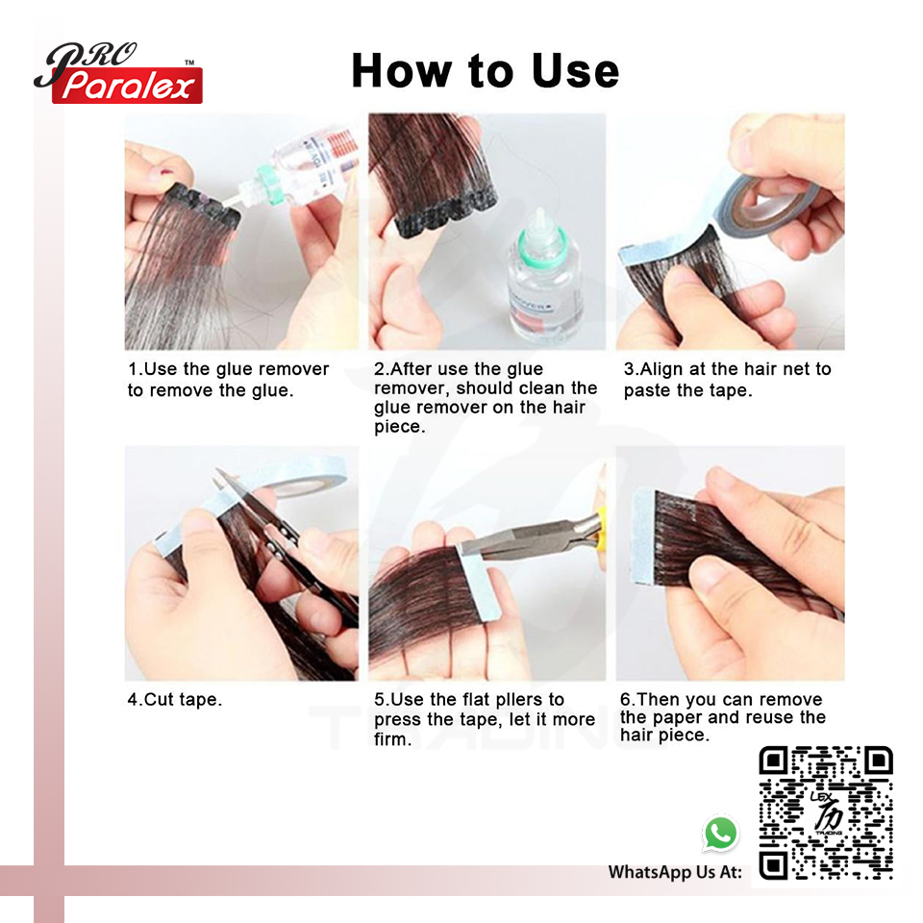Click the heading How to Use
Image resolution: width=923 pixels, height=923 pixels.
485,70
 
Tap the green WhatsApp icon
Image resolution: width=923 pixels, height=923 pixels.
720,833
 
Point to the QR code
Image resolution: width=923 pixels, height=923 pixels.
826,813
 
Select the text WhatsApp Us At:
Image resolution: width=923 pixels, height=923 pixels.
675,872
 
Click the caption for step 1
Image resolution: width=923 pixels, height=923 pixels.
229,380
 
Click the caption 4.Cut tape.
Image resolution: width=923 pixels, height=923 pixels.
175,699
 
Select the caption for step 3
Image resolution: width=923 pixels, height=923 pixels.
728,380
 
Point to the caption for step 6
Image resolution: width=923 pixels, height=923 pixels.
723,717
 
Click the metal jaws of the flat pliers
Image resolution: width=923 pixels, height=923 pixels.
519,537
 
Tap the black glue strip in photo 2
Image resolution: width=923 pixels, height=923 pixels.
446,213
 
